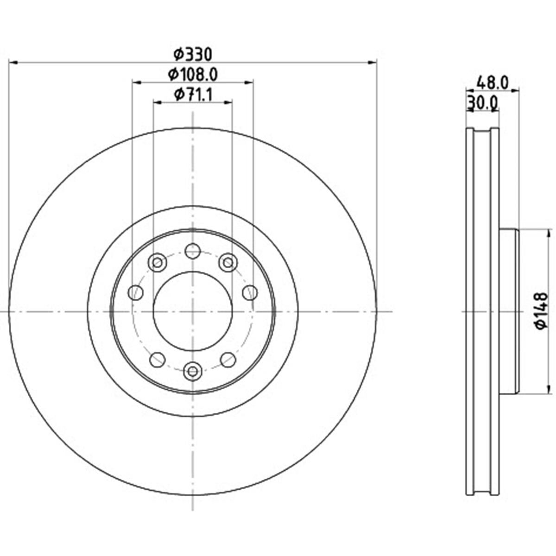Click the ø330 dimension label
(193, 55)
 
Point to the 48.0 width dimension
(493, 83)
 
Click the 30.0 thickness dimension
(482, 102)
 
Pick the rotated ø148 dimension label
(541, 311)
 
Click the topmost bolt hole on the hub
(192, 252)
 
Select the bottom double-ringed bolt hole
(192, 371)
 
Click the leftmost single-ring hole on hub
(136, 292)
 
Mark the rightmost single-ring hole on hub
(250, 292)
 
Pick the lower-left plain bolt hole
(158, 359)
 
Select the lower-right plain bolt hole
(227, 359)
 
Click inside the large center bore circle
(192, 311)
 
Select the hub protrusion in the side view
(509, 311)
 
